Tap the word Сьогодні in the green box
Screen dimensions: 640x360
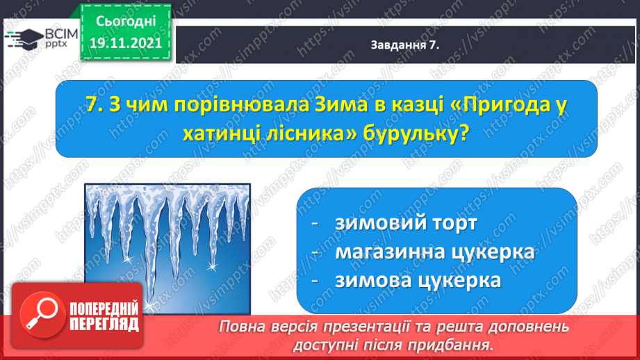[126, 22]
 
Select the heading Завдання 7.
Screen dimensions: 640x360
[405, 45]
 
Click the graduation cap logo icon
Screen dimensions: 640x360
[24, 38]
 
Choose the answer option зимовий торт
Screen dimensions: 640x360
[406, 223]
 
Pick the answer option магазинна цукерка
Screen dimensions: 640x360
[435, 252]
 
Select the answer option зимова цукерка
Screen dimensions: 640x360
[418, 280]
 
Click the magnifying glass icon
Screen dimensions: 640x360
[42, 315]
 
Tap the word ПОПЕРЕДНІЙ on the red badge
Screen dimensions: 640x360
[104, 309]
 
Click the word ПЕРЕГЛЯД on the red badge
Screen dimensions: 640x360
[104, 325]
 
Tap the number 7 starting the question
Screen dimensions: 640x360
[95, 106]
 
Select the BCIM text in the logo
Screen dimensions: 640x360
[61, 34]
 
